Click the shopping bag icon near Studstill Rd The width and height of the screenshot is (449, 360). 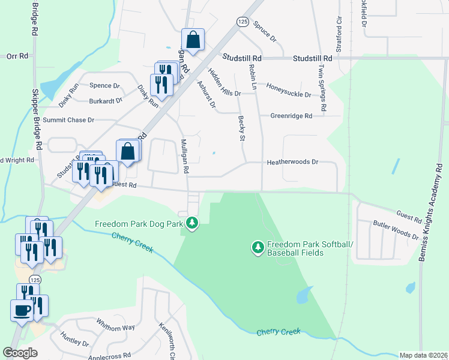[193, 40]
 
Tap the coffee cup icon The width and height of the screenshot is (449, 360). [22, 311]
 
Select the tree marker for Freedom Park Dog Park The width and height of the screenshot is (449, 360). [192, 224]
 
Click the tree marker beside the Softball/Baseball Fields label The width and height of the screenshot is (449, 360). [258, 247]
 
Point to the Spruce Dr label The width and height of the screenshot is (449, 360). [265, 32]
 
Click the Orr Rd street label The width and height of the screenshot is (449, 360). [17, 56]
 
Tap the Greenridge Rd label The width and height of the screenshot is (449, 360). [291, 116]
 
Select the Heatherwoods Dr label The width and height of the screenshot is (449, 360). [292, 162]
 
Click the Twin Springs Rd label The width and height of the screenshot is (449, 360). [322, 88]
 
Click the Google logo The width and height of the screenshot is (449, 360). [20, 353]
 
